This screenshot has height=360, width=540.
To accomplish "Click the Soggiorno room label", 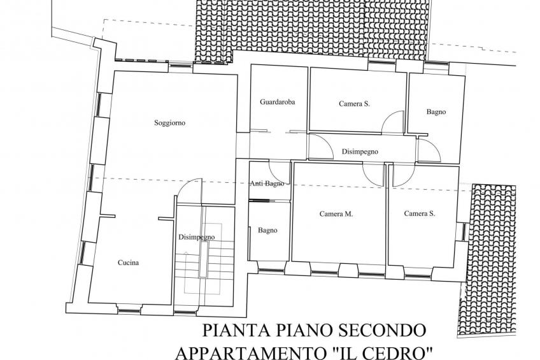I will [x=170, y=123].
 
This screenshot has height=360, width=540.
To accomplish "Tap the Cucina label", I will [x=129, y=263].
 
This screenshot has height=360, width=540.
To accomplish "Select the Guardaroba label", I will [x=277, y=102].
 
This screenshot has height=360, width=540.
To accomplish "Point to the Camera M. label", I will [x=336, y=214].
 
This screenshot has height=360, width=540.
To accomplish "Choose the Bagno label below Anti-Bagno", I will [x=267, y=231].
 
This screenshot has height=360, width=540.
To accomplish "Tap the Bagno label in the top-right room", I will [x=436, y=112].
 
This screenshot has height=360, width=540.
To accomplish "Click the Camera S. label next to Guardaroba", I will [x=354, y=104].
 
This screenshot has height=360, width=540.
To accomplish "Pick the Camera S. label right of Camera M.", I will [x=420, y=213].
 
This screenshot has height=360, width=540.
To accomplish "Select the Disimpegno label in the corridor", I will [x=360, y=152].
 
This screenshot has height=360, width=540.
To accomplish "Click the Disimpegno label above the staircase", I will [x=197, y=237].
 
